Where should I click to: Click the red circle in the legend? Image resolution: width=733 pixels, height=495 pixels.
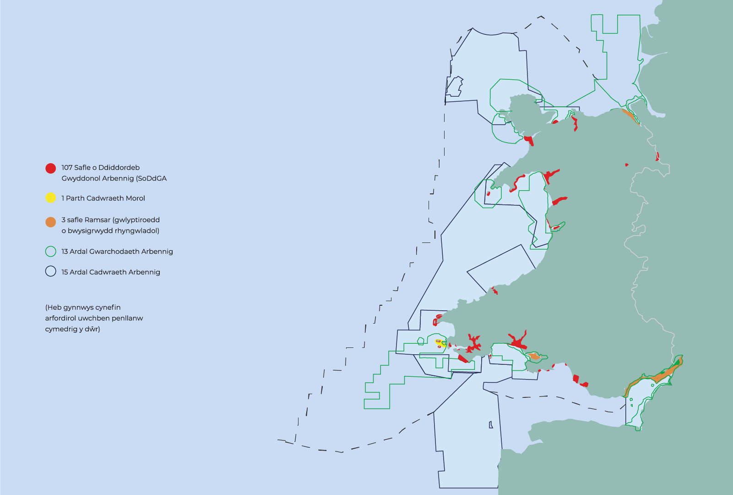point(51,168)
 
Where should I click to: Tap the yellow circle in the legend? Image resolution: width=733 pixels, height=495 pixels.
point(51,198)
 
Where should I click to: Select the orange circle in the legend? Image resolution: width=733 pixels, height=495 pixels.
point(51,222)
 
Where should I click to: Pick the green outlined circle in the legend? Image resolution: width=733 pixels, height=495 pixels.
point(51,251)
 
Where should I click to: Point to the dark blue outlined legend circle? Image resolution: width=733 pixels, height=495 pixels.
point(51,271)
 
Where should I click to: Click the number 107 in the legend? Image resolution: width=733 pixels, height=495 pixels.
point(67,168)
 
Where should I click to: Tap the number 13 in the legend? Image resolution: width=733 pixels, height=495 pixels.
point(65,252)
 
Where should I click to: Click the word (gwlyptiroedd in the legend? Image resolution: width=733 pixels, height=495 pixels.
point(136,220)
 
